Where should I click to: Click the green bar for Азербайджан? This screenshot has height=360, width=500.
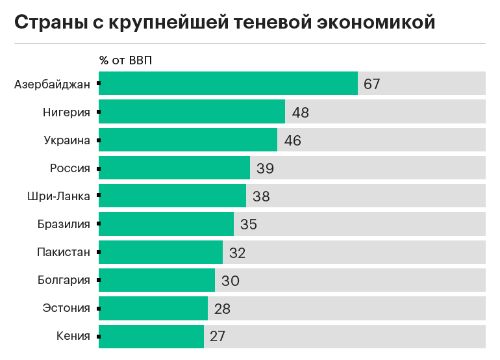coord(228,84)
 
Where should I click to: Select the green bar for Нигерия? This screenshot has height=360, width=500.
coord(192,112)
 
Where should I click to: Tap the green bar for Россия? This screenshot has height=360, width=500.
coord(174,168)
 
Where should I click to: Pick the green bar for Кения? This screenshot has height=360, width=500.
coord(151,337)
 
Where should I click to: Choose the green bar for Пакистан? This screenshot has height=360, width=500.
coord(160,252)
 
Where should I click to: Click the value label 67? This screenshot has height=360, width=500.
coord(372,84)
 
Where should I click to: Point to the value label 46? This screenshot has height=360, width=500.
coord(292,140)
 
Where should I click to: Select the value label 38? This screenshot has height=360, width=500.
coord(261,196)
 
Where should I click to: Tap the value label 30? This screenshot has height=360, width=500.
coord(230,281)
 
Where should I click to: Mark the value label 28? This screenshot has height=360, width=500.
coord(222,309)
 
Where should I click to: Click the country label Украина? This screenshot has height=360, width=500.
coord(66,140)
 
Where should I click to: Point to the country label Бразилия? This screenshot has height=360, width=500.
coord(63,224)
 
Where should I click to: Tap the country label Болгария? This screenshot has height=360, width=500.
coord(63,281)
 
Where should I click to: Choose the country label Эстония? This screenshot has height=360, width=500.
coord(66,309)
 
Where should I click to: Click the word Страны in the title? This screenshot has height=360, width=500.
coord(53,23)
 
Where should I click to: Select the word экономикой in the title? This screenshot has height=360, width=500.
coord(377,23)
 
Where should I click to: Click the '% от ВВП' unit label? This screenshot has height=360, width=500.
coord(125,60)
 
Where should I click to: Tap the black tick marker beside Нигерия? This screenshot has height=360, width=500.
coord(98,112)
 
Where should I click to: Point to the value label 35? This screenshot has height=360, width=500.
coord(249,224)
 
